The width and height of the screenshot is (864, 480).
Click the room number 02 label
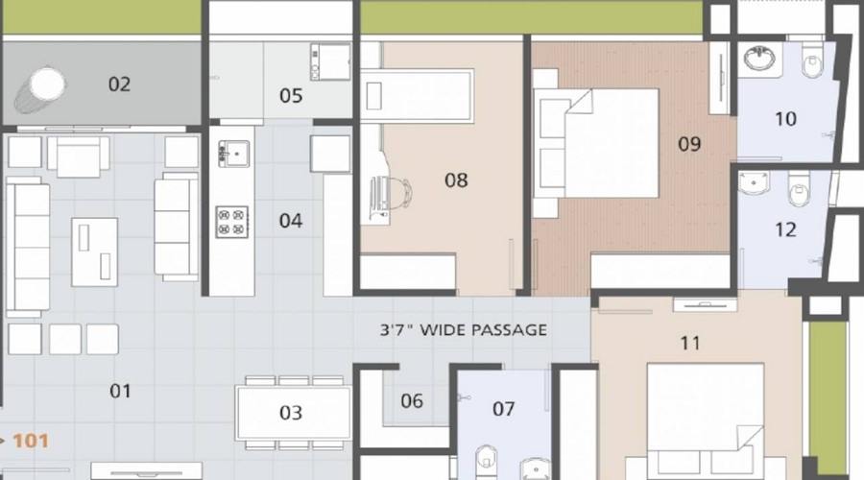point(118,84)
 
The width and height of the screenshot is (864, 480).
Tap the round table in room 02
point(47,84)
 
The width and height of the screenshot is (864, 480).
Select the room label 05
point(291,96)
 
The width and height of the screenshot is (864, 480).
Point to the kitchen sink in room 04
point(233,152)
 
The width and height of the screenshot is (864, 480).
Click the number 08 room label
point(456,180)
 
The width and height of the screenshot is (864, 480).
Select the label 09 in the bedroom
point(689,145)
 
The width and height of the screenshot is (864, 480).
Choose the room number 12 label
point(785,229)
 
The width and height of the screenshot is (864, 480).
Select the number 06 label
point(411,401)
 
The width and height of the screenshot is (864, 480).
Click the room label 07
point(503,410)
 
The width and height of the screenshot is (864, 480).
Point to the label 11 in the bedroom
point(689,343)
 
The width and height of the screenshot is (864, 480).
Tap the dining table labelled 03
point(291,413)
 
